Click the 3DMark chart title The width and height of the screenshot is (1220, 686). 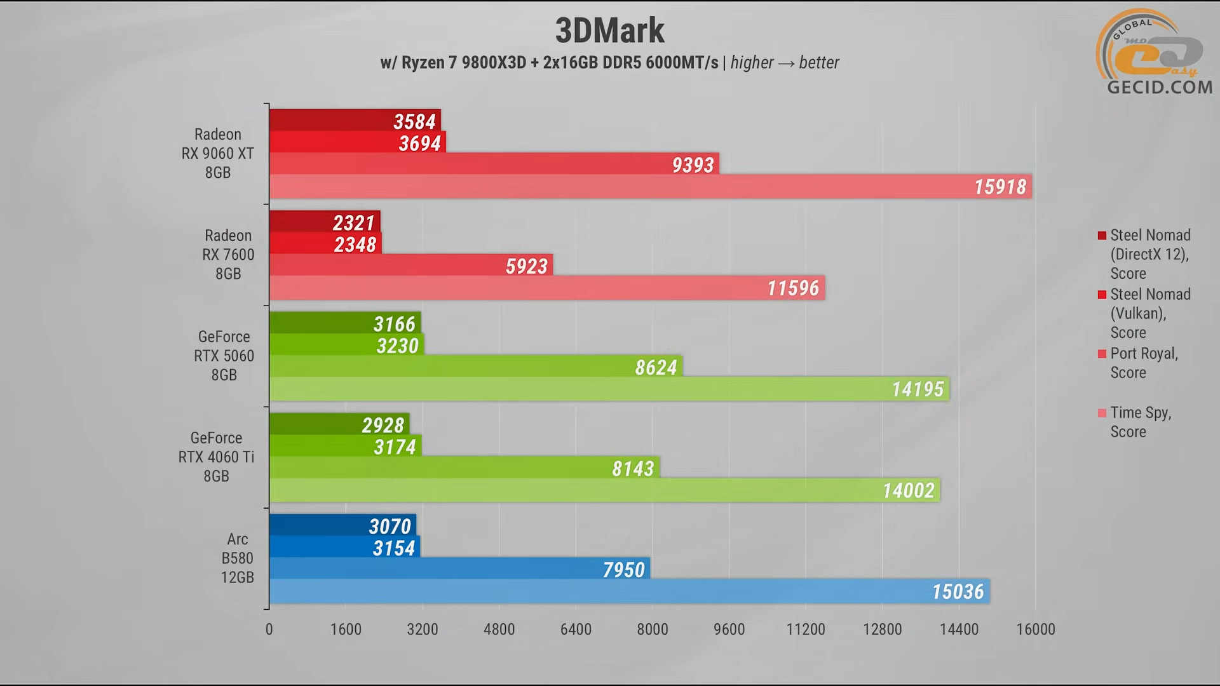pos(609,30)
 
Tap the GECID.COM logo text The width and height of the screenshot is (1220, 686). pos(1160,87)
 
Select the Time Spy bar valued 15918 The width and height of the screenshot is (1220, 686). pos(649,187)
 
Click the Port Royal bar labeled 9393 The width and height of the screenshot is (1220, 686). pos(494,165)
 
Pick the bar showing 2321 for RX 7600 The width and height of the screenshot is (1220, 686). pos(324,222)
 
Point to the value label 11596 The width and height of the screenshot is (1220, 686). pos(793,288)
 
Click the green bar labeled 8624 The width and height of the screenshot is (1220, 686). pos(475,367)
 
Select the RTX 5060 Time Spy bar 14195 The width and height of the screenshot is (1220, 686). pos(609,389)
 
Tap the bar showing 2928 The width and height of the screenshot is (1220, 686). pos(339,424)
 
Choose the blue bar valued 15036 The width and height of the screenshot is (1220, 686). pos(629,591)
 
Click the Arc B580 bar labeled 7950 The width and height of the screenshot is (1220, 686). pos(459,569)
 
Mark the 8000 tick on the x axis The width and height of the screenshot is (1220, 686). pos(653,629)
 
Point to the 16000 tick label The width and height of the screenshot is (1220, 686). pos(1036,629)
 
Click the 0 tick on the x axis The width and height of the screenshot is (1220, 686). pos(269,629)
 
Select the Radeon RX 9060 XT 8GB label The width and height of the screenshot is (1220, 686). pos(217,154)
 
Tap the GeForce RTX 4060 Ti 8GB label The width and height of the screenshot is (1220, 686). pos(216,457)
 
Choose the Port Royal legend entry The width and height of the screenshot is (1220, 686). pos(1144,363)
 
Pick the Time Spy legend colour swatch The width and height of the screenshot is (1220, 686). pos(1102,413)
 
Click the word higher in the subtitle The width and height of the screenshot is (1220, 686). pos(752,62)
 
